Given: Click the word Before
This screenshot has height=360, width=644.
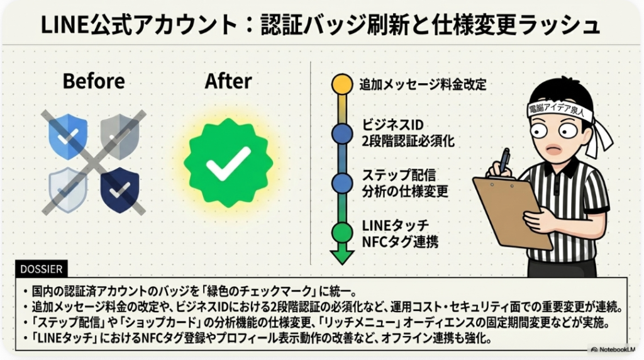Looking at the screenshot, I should tap(94, 81).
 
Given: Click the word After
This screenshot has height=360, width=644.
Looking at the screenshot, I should tap(228, 81).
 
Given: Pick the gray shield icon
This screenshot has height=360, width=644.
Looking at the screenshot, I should tap(120, 135).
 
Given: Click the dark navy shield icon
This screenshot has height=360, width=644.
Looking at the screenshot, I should tap(120, 189).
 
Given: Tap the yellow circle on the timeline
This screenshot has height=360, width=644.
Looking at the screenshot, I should tap(342, 83).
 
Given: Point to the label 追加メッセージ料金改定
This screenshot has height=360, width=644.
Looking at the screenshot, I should tap(423, 84).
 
